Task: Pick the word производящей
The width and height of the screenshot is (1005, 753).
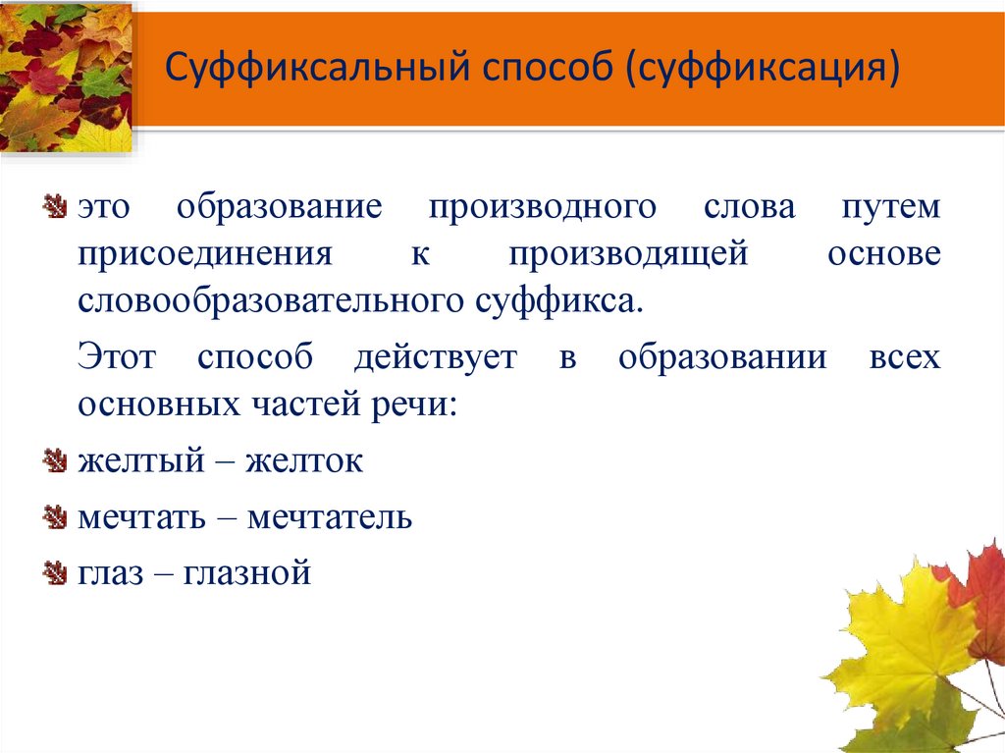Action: (629, 254)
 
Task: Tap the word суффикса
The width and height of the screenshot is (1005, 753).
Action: (560, 299)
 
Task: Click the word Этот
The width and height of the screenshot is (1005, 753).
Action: (116, 357)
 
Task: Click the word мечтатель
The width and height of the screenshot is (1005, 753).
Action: (330, 516)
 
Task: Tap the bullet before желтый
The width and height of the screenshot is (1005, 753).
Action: (54, 460)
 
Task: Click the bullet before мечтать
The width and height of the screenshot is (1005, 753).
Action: (54, 517)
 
